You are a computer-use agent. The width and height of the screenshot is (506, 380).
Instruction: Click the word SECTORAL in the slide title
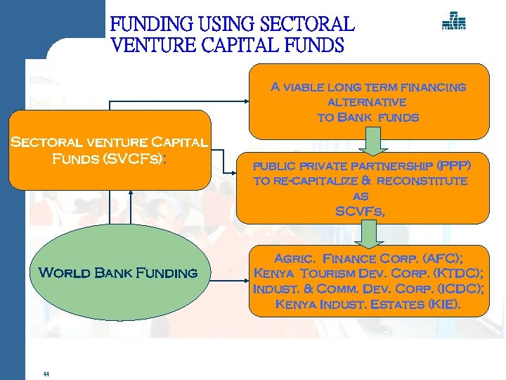307,25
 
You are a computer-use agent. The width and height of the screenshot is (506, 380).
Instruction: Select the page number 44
46,374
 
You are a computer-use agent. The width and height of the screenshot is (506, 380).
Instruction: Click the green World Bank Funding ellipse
117,273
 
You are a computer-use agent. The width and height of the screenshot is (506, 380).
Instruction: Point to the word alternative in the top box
368,102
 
